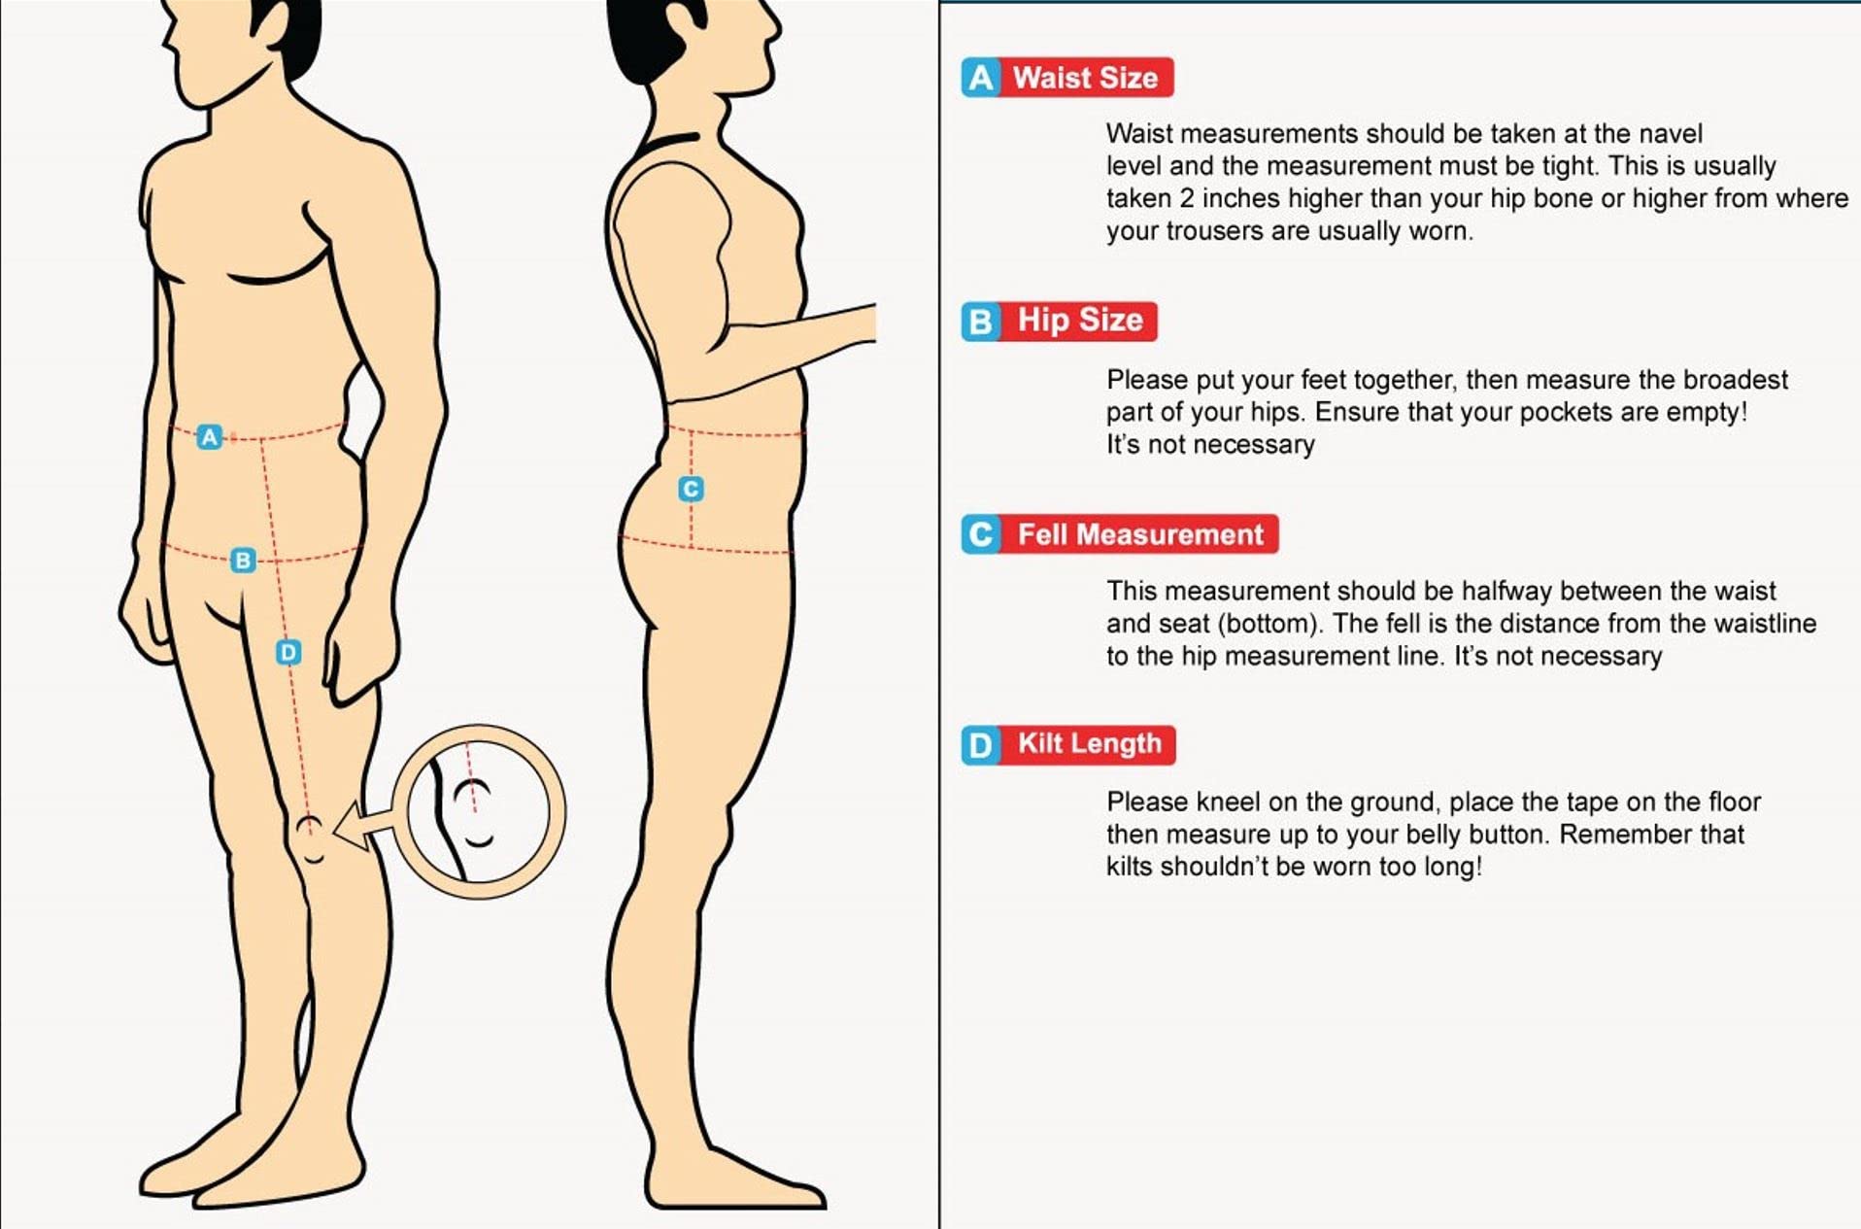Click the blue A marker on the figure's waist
pyautogui.click(x=209, y=437)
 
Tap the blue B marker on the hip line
pyautogui.click(x=243, y=560)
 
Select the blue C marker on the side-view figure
pyautogui.click(x=691, y=489)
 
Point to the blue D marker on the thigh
pyautogui.click(x=288, y=652)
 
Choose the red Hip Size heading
pyautogui.click(x=1079, y=321)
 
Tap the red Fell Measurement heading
pyautogui.click(x=1139, y=534)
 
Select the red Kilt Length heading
pyautogui.click(x=1089, y=744)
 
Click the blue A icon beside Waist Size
pyautogui.click(x=981, y=78)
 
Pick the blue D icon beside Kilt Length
pyautogui.click(x=981, y=745)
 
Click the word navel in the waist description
pyautogui.click(x=1671, y=133)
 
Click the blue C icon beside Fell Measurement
pyautogui.click(x=981, y=534)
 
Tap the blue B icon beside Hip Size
pyautogui.click(x=981, y=321)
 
